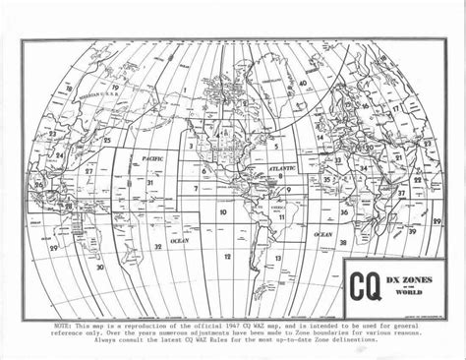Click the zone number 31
150,182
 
